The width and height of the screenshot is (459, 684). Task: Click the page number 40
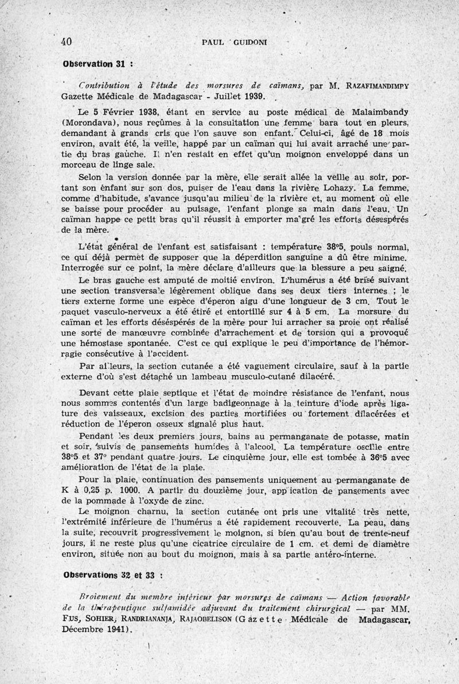pos(65,41)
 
